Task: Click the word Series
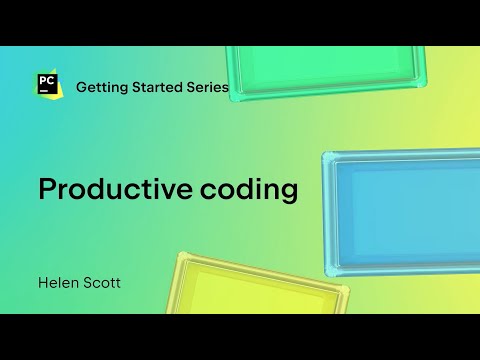[x=208, y=87]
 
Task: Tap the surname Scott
[x=105, y=283]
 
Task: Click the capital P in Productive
[x=47, y=188]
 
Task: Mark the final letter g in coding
[x=289, y=193]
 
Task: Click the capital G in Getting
[x=83, y=87]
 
